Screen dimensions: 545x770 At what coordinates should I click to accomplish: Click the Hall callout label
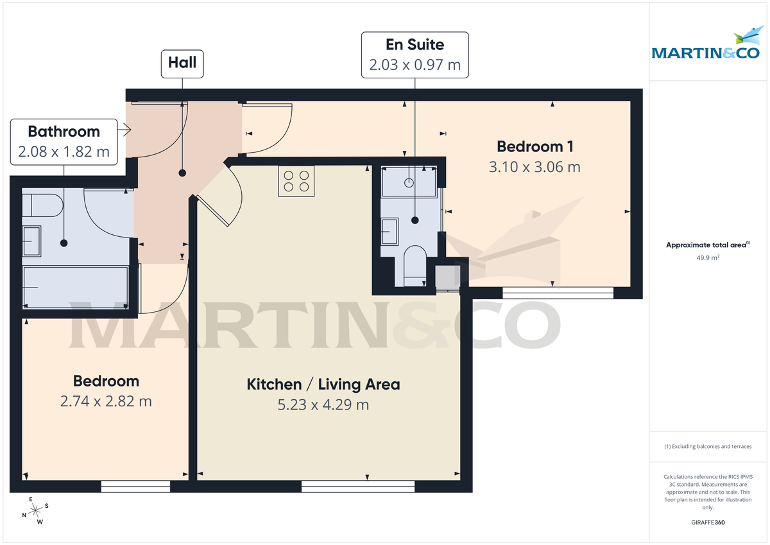(x=182, y=63)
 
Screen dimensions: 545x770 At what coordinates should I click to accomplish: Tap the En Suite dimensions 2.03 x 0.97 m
(x=415, y=65)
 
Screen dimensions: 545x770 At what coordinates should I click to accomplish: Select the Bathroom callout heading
(x=64, y=132)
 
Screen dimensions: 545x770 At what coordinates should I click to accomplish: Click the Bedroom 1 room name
(x=535, y=146)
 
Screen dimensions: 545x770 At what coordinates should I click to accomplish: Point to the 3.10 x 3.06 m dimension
(x=535, y=167)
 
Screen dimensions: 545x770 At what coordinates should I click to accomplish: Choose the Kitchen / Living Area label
(x=323, y=385)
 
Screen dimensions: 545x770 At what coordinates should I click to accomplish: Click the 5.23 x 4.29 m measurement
(x=323, y=405)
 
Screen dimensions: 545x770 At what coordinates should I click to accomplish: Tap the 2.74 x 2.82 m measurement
(x=106, y=402)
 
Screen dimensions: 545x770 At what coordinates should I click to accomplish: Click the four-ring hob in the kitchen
(x=296, y=180)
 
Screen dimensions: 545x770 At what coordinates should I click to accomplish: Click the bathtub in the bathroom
(x=76, y=286)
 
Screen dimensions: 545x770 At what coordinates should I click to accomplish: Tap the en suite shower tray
(x=409, y=182)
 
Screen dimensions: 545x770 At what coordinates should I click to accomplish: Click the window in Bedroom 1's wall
(x=558, y=293)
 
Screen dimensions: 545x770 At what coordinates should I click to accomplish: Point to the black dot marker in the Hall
(x=182, y=173)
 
